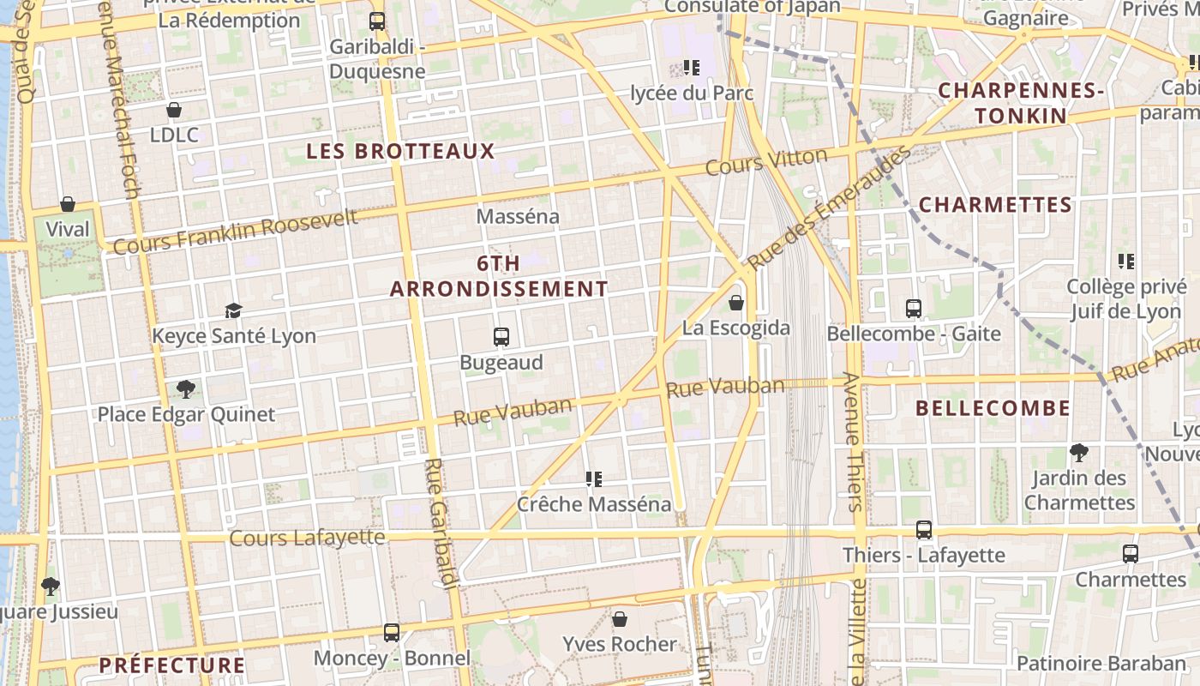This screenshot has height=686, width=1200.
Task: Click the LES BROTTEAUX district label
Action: tap(401, 152)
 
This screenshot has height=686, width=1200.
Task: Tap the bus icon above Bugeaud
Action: tap(501, 337)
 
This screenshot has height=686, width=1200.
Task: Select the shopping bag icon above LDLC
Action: tap(174, 110)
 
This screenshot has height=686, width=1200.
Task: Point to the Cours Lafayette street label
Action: tap(308, 538)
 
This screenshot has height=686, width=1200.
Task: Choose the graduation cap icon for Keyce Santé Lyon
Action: tap(233, 310)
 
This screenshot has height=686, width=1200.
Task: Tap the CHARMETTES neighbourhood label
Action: tap(995, 205)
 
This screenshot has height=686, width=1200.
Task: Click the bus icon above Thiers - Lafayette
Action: tap(923, 530)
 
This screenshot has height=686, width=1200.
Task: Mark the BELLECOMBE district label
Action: tap(993, 408)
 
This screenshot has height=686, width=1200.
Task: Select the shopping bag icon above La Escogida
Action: tap(736, 303)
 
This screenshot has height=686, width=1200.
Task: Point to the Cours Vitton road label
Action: tap(766, 160)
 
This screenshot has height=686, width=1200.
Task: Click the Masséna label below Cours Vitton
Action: tap(518, 216)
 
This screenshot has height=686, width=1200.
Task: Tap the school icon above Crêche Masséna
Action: tap(593, 478)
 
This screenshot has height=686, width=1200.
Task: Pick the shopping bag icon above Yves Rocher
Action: tap(620, 618)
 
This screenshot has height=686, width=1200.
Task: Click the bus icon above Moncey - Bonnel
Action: tap(392, 633)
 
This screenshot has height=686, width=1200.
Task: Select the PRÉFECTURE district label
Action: tap(171, 665)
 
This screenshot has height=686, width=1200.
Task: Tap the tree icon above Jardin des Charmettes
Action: tap(1079, 452)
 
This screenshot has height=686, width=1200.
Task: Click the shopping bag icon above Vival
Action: tap(68, 204)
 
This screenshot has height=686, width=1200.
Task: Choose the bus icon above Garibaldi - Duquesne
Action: tap(377, 21)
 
